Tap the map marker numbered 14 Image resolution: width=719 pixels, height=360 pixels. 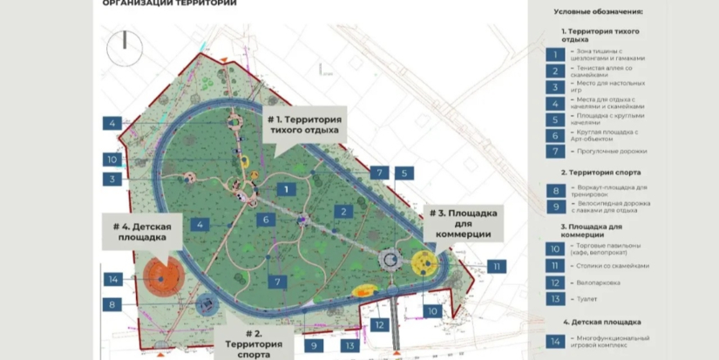[x=112, y=279]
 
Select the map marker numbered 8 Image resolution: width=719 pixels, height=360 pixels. [x=112, y=305]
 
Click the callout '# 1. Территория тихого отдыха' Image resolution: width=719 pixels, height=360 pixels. [x=304, y=126]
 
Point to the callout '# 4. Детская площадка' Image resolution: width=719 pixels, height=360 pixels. [x=141, y=231]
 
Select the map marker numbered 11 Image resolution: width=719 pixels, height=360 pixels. [x=497, y=267]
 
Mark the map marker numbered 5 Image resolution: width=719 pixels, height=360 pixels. [x=404, y=173]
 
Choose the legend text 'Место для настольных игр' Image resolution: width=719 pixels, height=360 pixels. [x=609, y=88]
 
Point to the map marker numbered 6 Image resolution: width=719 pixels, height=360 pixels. [x=267, y=219]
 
